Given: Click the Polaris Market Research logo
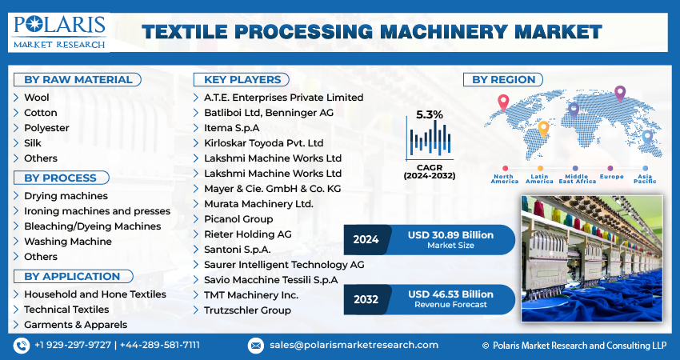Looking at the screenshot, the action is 59,32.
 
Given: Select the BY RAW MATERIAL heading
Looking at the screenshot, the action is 78,80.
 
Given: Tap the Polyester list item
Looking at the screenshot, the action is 46,128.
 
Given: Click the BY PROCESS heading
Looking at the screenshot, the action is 61,178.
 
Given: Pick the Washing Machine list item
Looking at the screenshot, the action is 68,242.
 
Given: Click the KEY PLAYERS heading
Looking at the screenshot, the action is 242,80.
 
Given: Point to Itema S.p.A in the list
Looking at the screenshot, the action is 231,128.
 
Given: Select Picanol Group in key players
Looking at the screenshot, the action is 238,219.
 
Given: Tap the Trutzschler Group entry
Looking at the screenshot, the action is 248,310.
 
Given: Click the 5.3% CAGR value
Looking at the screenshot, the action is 430,115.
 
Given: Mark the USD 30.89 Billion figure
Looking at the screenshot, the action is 450,235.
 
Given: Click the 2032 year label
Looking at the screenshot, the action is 366,299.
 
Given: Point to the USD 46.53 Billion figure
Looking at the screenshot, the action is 450,294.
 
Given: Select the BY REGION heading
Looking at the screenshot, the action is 503,80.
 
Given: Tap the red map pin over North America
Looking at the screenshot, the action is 503,102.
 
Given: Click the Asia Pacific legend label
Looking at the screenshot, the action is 645,178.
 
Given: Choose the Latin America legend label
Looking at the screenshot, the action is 539,178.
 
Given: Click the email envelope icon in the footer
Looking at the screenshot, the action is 256,346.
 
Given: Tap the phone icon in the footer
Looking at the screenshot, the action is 22,346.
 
